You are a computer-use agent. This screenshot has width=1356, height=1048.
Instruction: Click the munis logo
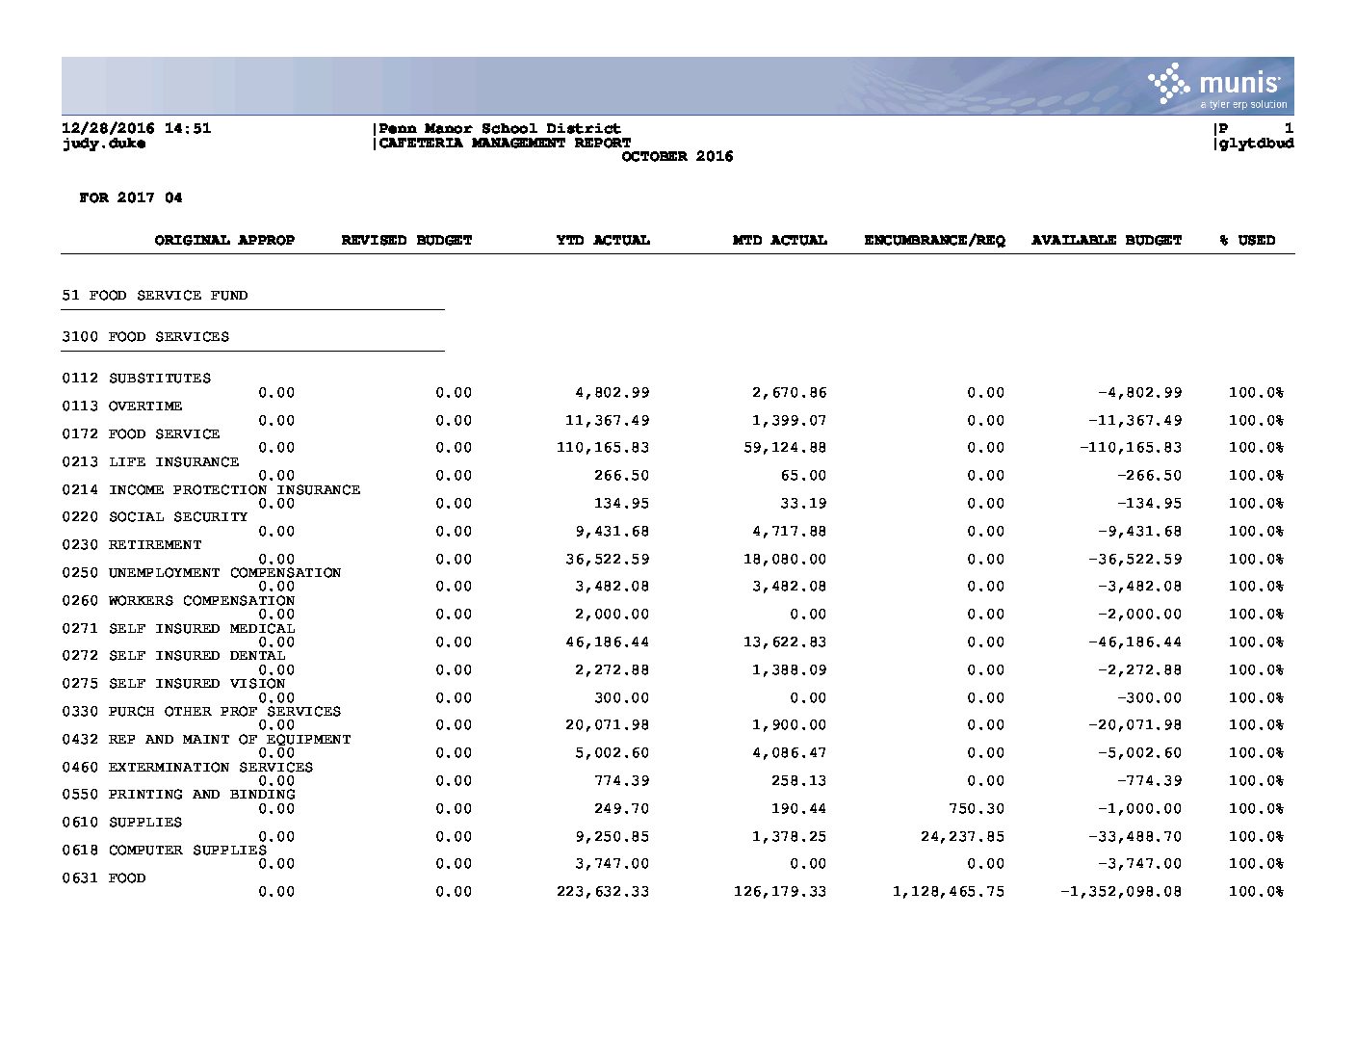(x=1217, y=87)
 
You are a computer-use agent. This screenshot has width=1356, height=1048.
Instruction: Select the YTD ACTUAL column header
(x=603, y=241)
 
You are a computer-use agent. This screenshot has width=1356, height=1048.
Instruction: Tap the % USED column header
(x=1247, y=241)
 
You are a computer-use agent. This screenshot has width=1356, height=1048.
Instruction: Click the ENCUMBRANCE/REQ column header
(x=934, y=241)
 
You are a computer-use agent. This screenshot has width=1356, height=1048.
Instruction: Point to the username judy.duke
(x=104, y=144)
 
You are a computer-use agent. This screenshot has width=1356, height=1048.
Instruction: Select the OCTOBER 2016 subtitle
(x=677, y=157)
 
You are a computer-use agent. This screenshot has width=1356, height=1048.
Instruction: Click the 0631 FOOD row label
(x=104, y=878)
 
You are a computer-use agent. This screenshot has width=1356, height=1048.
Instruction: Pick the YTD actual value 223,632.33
(x=603, y=892)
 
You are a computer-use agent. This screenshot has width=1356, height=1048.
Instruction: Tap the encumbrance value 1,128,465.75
(x=949, y=892)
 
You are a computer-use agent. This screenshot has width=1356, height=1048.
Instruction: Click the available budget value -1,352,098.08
(x=1121, y=892)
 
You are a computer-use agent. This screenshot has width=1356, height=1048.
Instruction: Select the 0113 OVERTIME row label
(x=122, y=406)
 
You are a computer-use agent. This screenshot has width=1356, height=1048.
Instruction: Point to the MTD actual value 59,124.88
(x=785, y=448)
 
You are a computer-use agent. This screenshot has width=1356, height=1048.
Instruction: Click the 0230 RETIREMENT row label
(x=132, y=545)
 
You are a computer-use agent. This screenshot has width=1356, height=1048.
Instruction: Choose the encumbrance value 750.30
(x=977, y=809)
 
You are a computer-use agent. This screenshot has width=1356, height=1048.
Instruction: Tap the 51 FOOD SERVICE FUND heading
(x=154, y=296)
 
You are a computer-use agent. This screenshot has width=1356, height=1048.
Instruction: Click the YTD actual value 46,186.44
(x=608, y=642)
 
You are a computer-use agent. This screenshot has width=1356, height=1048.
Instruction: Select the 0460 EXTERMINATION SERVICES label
(x=188, y=768)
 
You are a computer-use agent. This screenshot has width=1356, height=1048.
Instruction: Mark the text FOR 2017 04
(x=131, y=198)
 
